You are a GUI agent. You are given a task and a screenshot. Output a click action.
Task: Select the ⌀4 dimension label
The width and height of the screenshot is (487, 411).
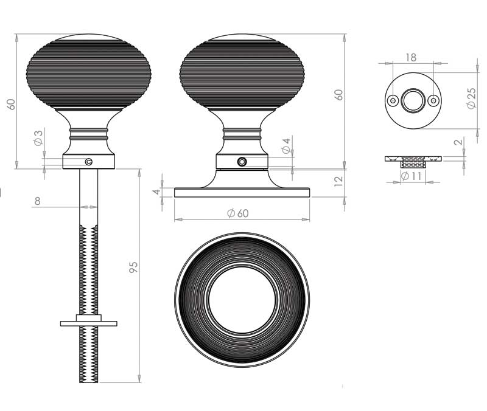point(286,146)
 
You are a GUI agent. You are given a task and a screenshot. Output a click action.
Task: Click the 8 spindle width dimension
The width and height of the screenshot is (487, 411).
point(37,201)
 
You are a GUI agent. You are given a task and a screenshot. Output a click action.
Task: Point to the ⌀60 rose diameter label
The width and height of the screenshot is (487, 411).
point(238,213)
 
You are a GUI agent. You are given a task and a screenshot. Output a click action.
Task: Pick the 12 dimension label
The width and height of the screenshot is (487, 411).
point(339,181)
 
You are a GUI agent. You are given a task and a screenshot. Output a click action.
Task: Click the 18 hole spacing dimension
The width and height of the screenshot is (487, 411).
point(410,58)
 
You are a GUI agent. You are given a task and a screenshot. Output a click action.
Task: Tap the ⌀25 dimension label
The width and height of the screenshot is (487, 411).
point(471,98)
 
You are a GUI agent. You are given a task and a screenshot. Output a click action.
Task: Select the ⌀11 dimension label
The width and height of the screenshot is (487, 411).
point(411,176)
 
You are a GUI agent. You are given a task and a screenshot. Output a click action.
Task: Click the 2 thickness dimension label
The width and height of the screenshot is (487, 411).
point(458,142)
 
